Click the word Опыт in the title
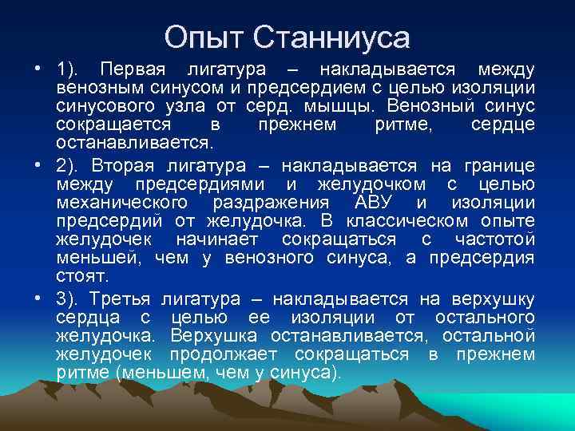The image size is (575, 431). (205, 37)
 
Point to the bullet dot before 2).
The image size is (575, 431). (39, 166)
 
